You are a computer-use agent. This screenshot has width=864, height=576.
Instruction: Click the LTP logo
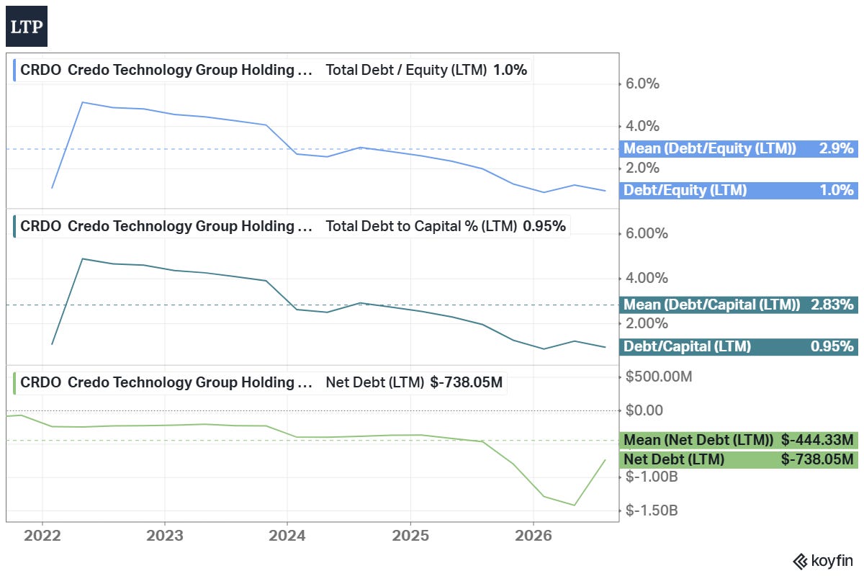coord(27,26)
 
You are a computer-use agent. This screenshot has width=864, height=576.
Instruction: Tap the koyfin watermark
coord(823,562)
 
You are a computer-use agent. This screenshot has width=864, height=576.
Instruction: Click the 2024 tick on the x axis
coord(287,536)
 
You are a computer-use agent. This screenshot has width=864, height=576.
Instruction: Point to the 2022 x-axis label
coord(42,536)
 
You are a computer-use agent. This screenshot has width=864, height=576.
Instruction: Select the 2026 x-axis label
coord(533,536)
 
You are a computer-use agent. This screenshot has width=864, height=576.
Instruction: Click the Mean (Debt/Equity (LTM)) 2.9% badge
coord(739,148)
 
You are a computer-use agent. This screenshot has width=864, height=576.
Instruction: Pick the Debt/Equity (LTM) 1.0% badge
coord(739,190)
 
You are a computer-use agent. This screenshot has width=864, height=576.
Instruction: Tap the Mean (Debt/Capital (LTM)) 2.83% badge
coord(739,305)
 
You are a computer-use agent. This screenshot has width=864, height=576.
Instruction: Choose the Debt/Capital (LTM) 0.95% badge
coord(739,346)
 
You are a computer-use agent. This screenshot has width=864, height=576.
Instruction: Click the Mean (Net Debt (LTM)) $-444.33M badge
coord(739,440)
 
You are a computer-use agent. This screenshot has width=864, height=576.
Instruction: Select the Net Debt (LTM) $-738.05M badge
coord(739,459)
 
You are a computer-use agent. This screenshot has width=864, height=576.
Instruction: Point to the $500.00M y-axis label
coord(659,376)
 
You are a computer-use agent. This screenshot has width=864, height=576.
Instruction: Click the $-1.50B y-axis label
coord(652,510)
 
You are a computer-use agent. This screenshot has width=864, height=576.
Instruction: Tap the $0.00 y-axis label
coord(644,410)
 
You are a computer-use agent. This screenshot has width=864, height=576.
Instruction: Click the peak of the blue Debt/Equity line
coord(83,102)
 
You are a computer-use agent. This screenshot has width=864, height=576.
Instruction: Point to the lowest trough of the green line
coord(575,505)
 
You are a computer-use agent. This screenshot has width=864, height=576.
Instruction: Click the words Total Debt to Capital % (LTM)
coord(421,226)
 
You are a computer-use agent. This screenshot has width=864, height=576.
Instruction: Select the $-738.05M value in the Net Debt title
coord(467,382)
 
